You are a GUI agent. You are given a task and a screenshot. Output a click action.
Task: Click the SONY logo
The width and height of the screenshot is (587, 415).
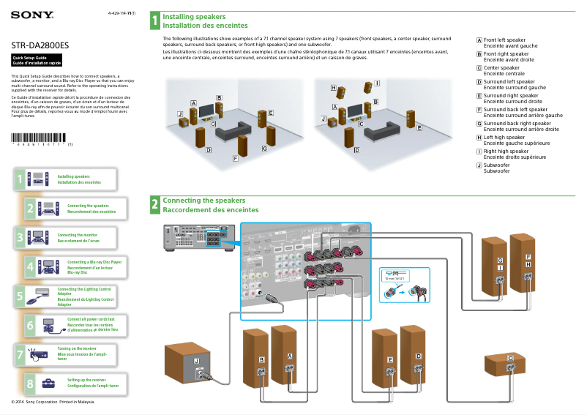tap(26, 14)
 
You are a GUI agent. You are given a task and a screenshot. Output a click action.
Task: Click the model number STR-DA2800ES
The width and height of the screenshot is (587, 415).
tap(40, 45)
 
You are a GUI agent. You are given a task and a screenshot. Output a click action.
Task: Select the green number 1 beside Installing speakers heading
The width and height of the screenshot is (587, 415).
tap(154, 20)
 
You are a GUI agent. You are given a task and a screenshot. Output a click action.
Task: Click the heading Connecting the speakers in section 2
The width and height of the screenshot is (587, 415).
tap(203, 200)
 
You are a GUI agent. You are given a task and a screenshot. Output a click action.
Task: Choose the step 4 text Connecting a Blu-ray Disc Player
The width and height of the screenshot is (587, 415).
tap(94, 261)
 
